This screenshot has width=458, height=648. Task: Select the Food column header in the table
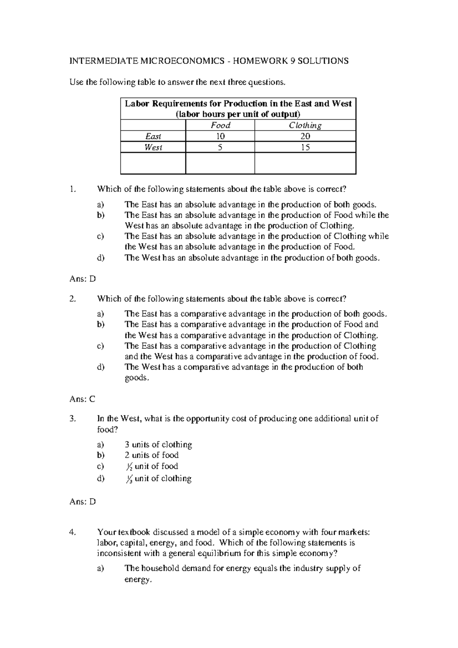(220, 125)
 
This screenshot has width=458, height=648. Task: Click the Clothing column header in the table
(305, 125)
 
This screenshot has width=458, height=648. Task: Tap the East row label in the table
(153, 136)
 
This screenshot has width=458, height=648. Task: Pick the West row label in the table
(153, 147)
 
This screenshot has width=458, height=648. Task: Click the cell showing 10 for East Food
(220, 136)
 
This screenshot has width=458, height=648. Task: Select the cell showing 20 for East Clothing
(305, 136)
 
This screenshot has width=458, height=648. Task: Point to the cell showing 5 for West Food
(220, 147)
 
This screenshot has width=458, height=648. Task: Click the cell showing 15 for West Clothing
(305, 147)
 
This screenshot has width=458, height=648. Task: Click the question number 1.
(73, 189)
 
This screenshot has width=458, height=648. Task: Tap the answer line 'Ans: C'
(82, 399)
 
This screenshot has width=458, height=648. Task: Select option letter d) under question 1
(100, 258)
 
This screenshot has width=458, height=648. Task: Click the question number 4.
(73, 532)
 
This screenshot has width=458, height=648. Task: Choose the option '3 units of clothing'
(158, 445)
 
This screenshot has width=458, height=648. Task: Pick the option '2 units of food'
(152, 455)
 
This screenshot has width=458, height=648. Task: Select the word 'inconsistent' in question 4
(119, 553)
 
